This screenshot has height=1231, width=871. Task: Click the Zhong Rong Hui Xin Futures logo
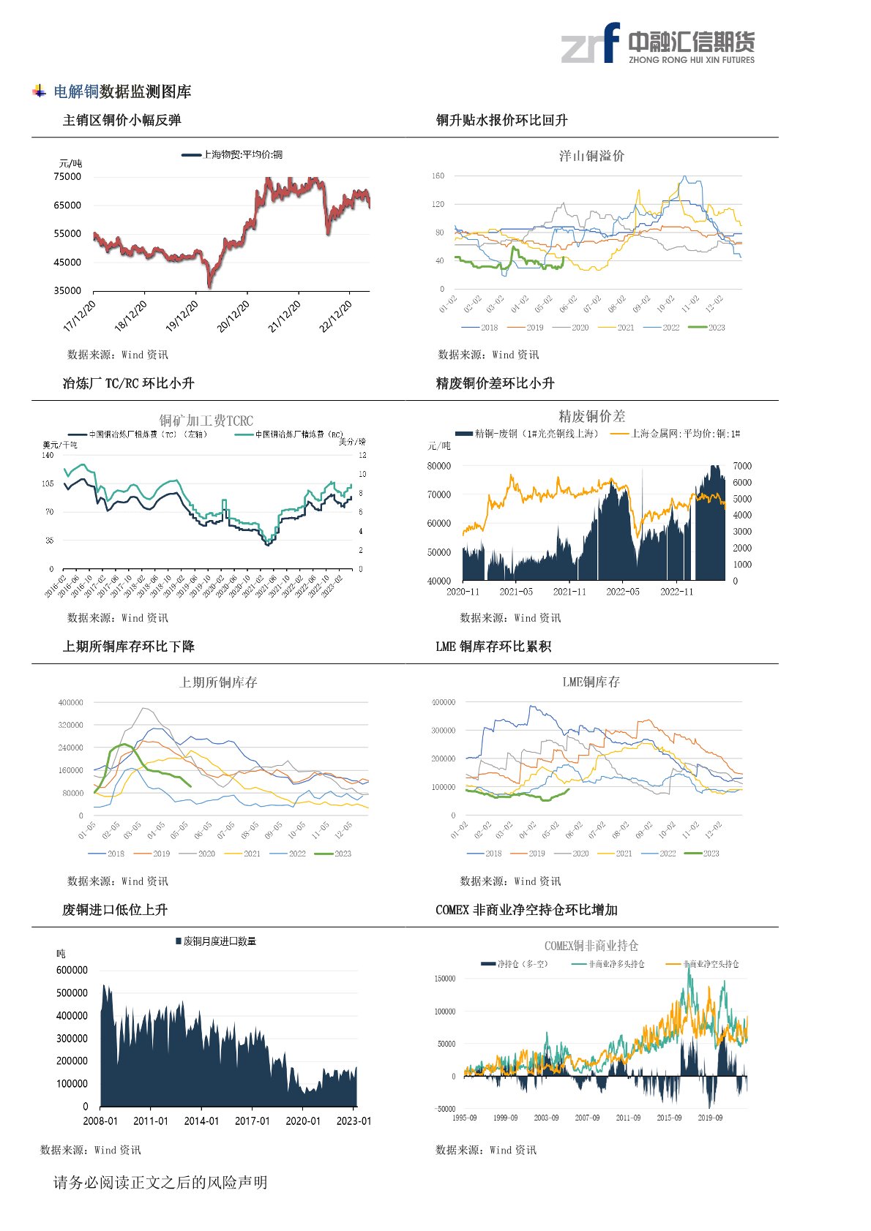(x=657, y=43)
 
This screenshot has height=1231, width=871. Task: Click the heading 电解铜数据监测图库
(x=122, y=91)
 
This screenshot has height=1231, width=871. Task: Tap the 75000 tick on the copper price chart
(x=67, y=176)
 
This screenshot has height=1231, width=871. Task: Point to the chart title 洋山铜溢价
(x=591, y=156)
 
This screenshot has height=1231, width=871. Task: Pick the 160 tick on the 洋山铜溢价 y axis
(x=438, y=176)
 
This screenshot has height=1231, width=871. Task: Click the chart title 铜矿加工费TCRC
(x=206, y=421)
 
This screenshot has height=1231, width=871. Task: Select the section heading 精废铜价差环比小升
(x=495, y=383)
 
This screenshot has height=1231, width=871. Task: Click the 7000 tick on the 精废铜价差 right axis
(x=741, y=466)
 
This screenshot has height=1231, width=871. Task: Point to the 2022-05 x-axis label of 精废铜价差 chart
(x=622, y=592)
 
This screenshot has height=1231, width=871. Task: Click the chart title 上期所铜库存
(x=218, y=682)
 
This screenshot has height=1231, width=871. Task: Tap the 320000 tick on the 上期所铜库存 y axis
(x=70, y=725)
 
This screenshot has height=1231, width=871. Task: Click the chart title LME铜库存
(x=591, y=682)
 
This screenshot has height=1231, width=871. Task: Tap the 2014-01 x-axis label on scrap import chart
(x=201, y=1121)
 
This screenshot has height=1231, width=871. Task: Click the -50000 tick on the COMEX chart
(x=444, y=1109)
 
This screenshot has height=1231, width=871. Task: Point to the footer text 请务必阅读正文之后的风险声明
(x=160, y=1183)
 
